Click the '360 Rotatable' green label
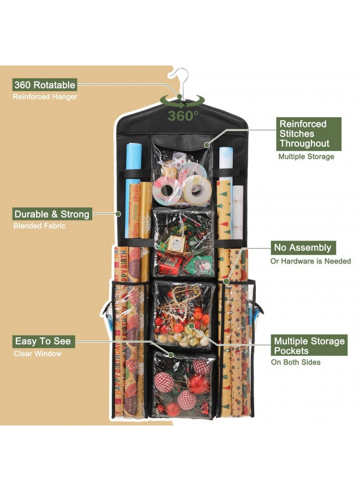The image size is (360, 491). point(45,85)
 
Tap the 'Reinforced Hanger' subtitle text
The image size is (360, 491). point(45,97)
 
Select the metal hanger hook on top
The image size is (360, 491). point(179,81)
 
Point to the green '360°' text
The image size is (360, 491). point(183,116)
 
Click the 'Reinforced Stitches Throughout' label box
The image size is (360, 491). point(309,134)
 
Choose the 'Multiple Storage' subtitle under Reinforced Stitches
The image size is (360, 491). point(306,157)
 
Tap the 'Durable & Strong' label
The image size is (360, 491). point(52,214)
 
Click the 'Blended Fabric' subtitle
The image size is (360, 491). point(39,226)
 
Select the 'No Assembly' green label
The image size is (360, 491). point(303,248)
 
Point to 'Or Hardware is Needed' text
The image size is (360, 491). point(310,261)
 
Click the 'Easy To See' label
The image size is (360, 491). point(43,342)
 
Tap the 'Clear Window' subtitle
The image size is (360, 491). point(38,354)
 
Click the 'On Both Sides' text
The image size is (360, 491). point(296,362)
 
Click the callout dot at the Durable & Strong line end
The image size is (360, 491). point(118,214)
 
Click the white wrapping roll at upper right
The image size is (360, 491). point(226,163)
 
